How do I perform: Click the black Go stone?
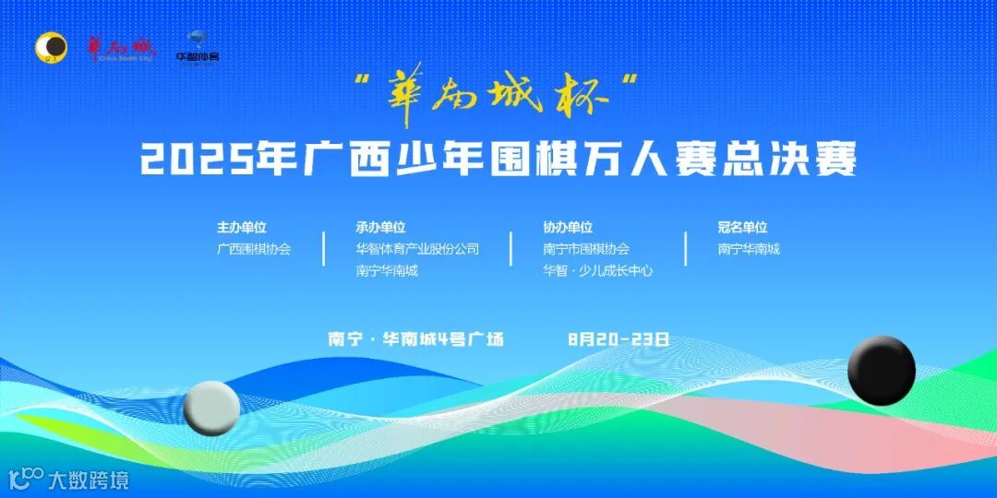881,371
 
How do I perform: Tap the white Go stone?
211,407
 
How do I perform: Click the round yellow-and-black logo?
52,47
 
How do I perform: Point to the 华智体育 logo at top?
198,47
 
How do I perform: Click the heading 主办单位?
242,227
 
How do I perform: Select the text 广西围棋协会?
254,249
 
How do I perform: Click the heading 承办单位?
380,227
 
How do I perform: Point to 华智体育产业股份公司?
417,249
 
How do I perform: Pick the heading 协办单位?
568,227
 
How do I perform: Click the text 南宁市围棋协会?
586,249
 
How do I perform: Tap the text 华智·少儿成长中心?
597,271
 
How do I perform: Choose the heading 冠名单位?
742,227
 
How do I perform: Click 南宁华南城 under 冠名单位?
749,249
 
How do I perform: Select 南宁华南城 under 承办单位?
387,271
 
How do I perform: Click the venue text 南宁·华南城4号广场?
416,338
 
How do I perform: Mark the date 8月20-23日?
619,338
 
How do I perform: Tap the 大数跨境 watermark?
68,480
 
